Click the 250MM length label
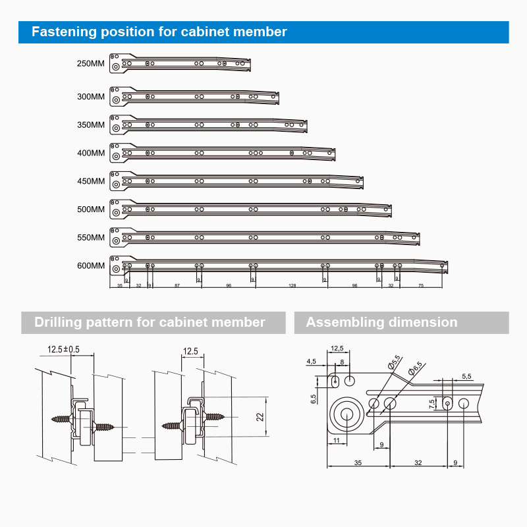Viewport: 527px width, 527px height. point(91,64)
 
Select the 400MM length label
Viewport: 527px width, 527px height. point(91,153)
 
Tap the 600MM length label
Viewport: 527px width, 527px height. point(91,265)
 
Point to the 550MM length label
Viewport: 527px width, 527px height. point(91,237)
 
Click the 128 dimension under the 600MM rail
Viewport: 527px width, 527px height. point(292,286)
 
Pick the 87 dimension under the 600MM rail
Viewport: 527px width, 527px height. point(177,286)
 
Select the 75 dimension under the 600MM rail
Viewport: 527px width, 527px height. point(420,286)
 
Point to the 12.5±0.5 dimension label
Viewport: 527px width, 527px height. point(63,350)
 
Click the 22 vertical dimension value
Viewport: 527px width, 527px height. point(260,416)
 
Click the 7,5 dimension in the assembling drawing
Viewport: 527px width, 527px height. point(432,403)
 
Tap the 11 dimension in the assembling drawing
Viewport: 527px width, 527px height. point(336,439)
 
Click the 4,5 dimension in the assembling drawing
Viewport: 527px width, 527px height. point(312,361)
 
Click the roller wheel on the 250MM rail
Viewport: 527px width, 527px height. point(116,66)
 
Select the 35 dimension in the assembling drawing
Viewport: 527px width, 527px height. point(358,463)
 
